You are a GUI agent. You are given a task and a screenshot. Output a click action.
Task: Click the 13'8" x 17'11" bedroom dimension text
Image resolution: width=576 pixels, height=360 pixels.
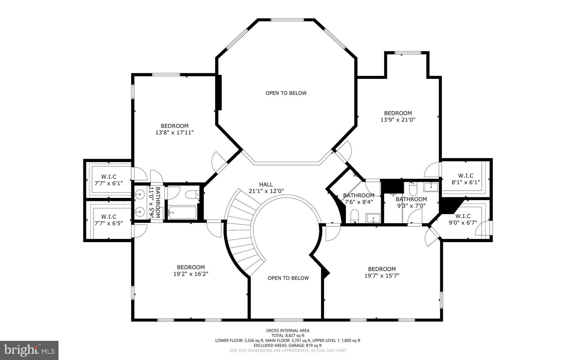[x=174, y=132]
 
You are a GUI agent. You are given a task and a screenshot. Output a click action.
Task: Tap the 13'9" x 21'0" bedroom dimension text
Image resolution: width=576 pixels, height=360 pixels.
[x=398, y=120]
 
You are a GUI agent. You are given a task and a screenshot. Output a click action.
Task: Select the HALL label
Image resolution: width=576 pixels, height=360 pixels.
[x=266, y=184]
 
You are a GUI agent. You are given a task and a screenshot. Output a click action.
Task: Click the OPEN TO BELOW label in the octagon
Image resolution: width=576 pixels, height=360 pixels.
[x=286, y=93]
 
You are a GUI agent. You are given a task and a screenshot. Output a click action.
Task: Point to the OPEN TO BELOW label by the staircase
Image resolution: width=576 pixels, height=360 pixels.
[x=288, y=278]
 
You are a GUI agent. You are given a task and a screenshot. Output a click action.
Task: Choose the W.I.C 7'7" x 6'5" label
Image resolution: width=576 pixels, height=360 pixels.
[x=109, y=220]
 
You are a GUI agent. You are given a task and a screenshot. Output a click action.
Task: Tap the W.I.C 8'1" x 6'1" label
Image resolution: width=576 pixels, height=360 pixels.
[x=465, y=179]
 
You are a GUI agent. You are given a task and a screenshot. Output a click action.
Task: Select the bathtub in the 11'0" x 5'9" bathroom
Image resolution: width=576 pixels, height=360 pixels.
[x=182, y=213]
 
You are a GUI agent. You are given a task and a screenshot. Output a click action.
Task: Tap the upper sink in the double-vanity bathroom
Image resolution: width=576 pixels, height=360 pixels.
[x=139, y=194]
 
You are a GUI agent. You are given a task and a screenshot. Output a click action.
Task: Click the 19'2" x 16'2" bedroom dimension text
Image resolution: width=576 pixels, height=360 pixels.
[x=191, y=274]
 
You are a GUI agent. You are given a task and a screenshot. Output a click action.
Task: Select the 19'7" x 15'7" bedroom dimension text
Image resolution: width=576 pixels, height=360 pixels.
[x=382, y=275]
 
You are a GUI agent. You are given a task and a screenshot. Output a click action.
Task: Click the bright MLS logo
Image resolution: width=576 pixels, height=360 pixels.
[x=29, y=350]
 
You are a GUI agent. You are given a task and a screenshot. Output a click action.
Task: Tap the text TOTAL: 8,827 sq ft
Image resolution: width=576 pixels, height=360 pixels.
[x=288, y=336]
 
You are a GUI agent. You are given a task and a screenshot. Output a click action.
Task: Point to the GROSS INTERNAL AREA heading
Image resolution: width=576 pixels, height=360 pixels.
[x=288, y=330]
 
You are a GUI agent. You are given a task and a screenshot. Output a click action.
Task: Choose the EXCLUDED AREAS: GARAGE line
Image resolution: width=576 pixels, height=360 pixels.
[x=288, y=345]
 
